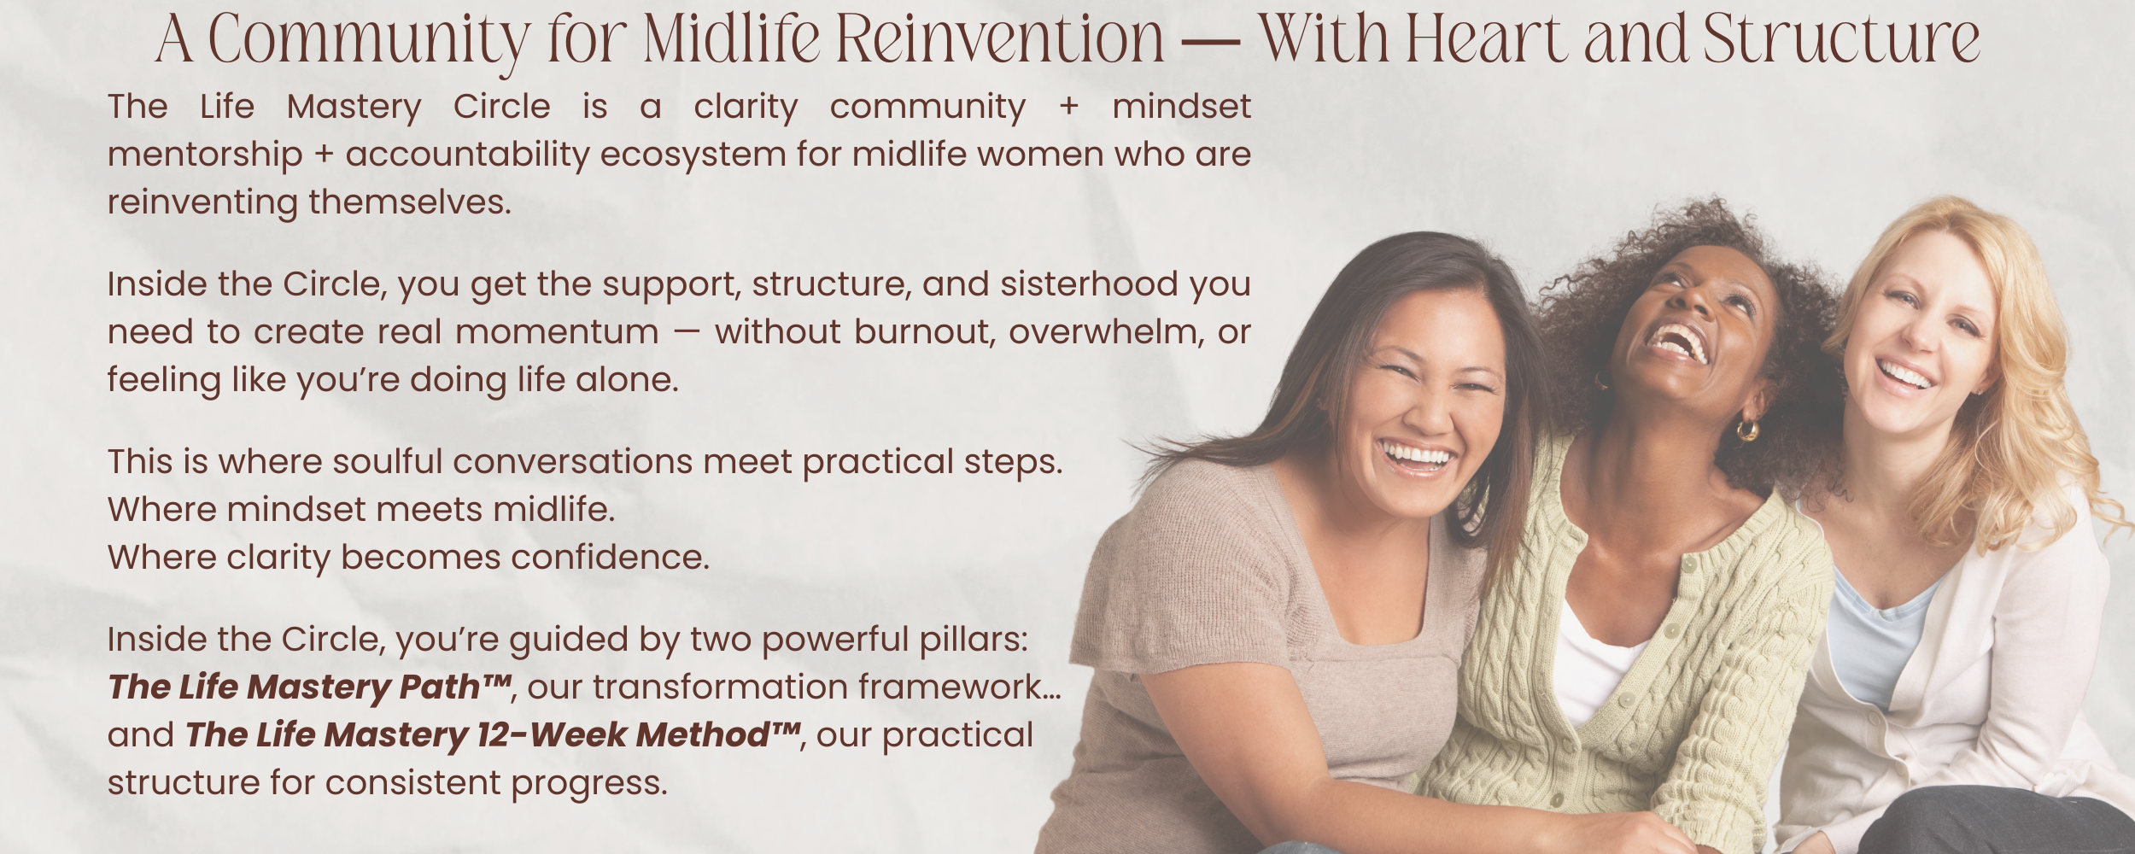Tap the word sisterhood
(1089, 284)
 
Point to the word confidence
(610, 557)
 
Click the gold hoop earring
(1748, 430)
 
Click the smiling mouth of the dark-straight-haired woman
(1417, 458)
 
